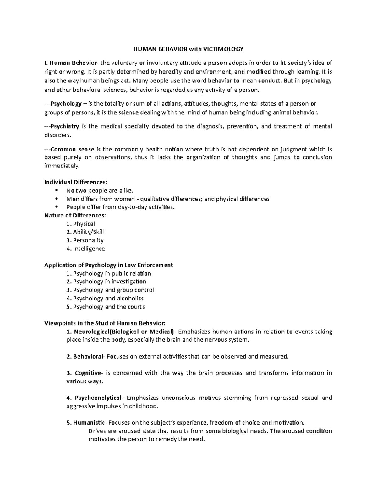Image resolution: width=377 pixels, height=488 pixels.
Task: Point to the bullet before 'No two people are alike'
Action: coord(57,190)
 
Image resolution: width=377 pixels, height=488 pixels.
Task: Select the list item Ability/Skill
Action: coord(88,232)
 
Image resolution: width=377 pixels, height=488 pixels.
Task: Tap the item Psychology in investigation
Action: coord(109,282)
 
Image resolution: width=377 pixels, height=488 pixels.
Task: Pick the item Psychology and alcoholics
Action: coord(108,298)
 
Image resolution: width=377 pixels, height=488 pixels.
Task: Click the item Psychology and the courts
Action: coord(109,307)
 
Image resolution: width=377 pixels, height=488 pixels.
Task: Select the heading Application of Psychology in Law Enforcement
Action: coord(108,265)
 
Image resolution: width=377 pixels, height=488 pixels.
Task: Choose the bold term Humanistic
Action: coord(90,422)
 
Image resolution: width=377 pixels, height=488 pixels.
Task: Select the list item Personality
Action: coord(88,240)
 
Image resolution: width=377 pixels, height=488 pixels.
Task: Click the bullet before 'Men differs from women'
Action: coord(57,199)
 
